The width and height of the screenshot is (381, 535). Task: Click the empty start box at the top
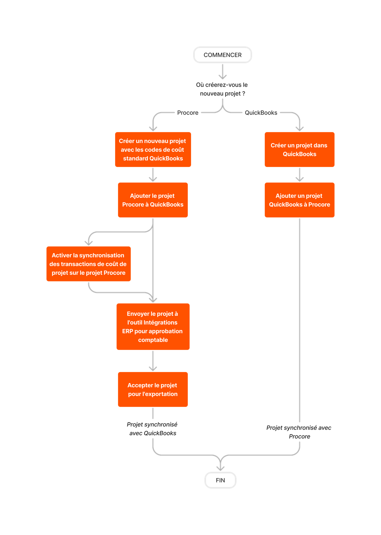coord(222,55)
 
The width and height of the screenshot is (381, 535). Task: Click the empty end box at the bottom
coord(220,480)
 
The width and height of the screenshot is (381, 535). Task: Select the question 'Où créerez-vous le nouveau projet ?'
coord(222,89)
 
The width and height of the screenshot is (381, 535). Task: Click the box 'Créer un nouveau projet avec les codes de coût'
coord(153,150)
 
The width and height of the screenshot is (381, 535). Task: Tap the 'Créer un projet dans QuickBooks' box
coord(299,150)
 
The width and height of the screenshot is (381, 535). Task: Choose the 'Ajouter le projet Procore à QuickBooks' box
coord(153,200)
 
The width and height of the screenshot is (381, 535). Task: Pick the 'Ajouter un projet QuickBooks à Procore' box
coord(299,200)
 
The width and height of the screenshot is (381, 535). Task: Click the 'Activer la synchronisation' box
coord(89,264)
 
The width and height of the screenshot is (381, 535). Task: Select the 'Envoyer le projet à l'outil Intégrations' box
coord(153,327)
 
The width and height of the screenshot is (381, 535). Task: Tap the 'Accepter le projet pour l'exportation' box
coord(153,389)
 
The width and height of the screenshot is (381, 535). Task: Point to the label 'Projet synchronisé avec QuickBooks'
coord(153,429)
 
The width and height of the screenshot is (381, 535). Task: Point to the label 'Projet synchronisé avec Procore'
coord(299,432)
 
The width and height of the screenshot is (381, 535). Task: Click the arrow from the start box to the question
coord(223,72)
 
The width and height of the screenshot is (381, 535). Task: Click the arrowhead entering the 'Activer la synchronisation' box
coord(89,242)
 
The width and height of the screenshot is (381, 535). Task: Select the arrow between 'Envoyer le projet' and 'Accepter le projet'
coord(153,361)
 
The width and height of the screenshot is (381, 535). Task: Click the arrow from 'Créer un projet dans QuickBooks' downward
coord(299,175)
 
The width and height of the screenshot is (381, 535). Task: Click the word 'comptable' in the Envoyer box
coord(153,340)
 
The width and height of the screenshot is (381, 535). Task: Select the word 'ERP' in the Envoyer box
coord(127,331)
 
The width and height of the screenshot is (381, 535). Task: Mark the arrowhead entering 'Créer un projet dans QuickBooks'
coord(299,128)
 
